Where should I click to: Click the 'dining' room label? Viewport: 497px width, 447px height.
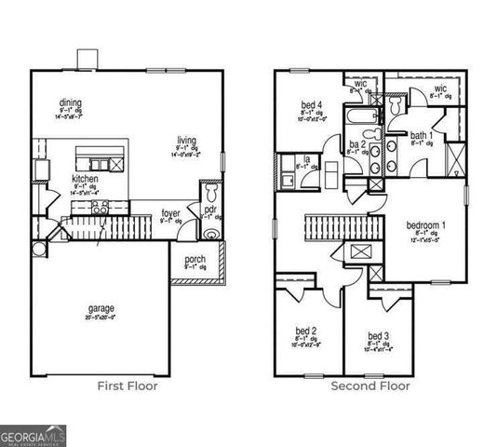tap(68, 102)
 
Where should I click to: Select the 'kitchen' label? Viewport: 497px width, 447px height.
tap(86, 178)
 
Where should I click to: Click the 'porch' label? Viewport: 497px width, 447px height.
tap(195, 259)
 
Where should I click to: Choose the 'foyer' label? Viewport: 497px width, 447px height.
tap(171, 213)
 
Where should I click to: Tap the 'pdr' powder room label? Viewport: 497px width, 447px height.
tap(210, 210)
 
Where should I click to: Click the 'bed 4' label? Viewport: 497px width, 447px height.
tap(312, 105)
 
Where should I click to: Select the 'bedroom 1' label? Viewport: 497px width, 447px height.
tap(426, 225)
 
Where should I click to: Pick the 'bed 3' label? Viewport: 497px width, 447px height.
tap(378, 335)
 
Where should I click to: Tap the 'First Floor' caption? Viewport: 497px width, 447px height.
tap(128, 386)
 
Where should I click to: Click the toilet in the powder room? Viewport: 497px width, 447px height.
tap(211, 193)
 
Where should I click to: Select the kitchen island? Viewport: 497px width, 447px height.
tap(94, 156)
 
